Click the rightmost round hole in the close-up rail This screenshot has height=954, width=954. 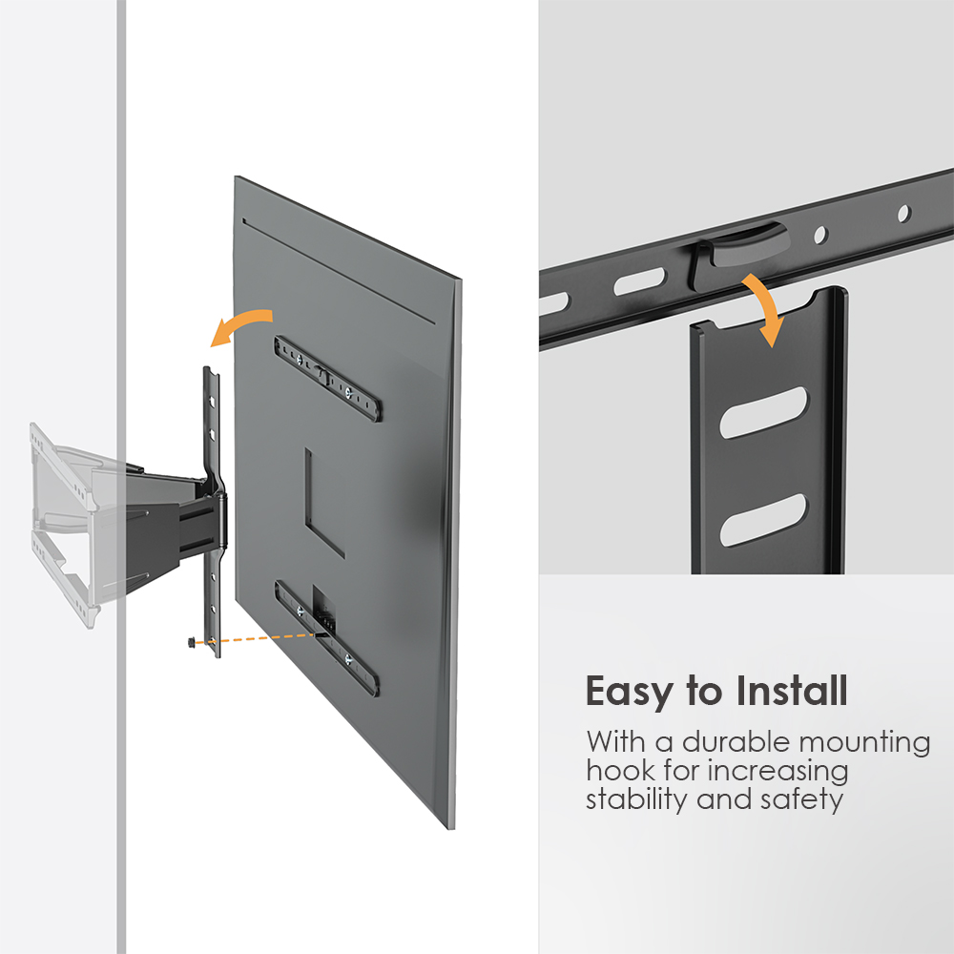904,212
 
